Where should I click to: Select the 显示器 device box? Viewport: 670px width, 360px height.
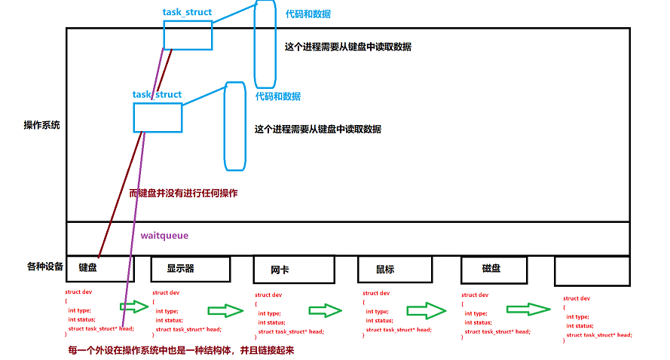point(190,269)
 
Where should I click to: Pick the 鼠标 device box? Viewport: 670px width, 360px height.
point(394,270)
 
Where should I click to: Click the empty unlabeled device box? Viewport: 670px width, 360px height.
point(591,271)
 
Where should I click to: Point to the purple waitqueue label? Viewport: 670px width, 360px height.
point(164,236)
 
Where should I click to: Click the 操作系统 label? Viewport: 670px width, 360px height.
point(41,125)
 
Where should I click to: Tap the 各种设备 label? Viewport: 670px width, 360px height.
point(44,266)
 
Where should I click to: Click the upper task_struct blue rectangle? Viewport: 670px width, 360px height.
point(188,34)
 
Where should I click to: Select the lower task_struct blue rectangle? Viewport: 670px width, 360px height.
point(158,117)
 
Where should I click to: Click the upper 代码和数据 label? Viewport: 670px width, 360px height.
point(307,14)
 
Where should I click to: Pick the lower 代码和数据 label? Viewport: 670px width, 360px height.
point(277,96)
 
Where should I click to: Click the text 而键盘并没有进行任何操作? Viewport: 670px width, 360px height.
point(183,194)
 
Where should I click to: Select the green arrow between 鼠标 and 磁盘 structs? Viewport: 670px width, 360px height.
point(426,310)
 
